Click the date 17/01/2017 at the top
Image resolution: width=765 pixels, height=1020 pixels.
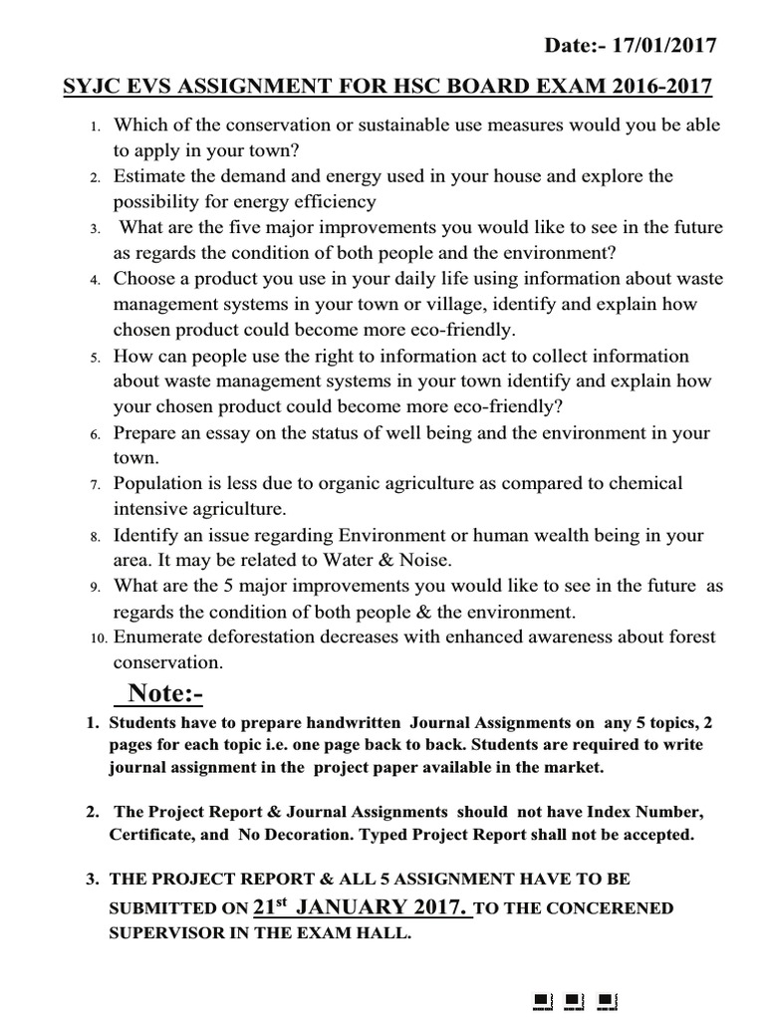tap(666, 45)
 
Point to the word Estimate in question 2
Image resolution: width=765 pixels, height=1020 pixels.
tap(149, 176)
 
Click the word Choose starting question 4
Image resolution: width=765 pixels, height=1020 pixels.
tap(145, 279)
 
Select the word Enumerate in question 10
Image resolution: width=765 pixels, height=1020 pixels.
tap(159, 637)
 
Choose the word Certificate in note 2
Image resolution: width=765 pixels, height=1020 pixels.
tap(148, 835)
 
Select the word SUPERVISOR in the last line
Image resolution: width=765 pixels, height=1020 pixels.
tap(164, 936)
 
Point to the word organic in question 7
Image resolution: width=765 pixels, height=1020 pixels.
tap(353, 483)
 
